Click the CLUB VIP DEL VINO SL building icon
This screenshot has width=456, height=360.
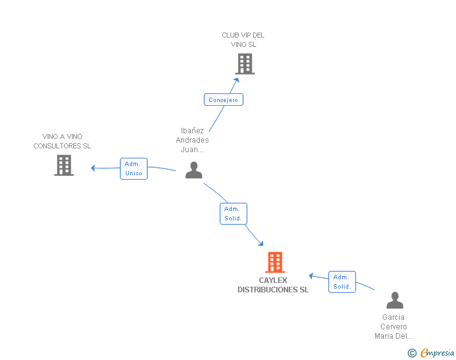pyautogui.click(x=245, y=63)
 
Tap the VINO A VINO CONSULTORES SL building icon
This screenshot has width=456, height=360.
pyautogui.click(x=64, y=165)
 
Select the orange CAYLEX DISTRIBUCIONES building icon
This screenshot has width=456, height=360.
pyautogui.click(x=275, y=262)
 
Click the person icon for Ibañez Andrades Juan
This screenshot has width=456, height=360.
pyautogui.click(x=194, y=170)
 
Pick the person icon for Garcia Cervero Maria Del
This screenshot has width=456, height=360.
pyautogui.click(x=395, y=301)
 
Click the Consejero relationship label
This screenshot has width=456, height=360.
pyautogui.click(x=224, y=100)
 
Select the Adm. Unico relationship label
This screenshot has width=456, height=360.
pyautogui.click(x=133, y=168)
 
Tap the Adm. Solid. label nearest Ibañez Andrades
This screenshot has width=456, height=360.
pyautogui.click(x=233, y=214)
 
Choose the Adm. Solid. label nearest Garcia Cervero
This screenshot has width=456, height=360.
pyautogui.click(x=342, y=282)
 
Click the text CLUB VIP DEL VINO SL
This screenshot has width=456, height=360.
pyautogui.click(x=243, y=40)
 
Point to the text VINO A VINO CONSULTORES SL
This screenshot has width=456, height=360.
pyautogui.click(x=62, y=141)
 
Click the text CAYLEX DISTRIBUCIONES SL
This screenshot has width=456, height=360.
pyautogui.click(x=273, y=285)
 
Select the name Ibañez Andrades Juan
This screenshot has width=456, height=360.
pyautogui.click(x=192, y=140)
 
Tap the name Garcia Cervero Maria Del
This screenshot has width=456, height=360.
pyautogui.click(x=393, y=327)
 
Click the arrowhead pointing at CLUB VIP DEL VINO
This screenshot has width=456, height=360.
pyautogui.click(x=236, y=80)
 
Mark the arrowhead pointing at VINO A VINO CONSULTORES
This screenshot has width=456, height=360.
pyautogui.click(x=93, y=167)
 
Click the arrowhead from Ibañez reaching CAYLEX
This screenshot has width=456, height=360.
pyautogui.click(x=260, y=244)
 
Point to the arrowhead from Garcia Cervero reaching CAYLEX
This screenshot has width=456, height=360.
pyautogui.click(x=311, y=275)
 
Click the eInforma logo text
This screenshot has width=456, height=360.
pyautogui.click(x=437, y=353)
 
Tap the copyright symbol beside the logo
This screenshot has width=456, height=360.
pyautogui.click(x=412, y=353)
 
